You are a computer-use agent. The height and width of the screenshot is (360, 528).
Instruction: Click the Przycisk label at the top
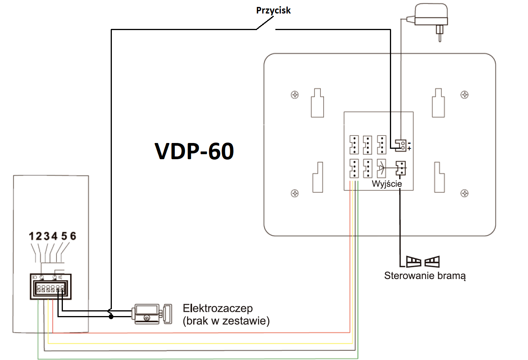pyautogui.click(x=273, y=10)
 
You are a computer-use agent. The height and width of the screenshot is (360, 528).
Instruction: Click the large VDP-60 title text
pyautogui.click(x=194, y=151)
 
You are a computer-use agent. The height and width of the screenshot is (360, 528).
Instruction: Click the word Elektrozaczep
pyautogui.click(x=218, y=308)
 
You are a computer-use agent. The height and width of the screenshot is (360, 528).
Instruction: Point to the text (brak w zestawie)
pyautogui.click(x=226, y=321)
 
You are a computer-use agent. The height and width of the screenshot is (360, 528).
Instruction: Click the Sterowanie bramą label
pyautogui.click(x=425, y=276)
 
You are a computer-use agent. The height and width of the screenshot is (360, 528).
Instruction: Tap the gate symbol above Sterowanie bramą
pyautogui.click(x=423, y=262)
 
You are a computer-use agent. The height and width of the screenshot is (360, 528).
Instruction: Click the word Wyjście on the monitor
pyautogui.click(x=386, y=184)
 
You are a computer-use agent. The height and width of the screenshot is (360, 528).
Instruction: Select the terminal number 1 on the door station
pyautogui.click(x=32, y=236)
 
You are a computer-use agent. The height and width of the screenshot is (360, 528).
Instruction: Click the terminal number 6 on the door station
pyautogui.click(x=73, y=236)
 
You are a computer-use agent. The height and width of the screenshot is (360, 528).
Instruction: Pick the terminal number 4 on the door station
pyautogui.click(x=54, y=236)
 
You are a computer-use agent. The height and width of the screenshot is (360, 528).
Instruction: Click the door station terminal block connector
pyautogui.click(x=51, y=287)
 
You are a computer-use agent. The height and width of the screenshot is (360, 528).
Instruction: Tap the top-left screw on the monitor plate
pyautogui.click(x=295, y=95)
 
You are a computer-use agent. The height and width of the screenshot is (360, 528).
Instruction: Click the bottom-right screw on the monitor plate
pyautogui.click(x=465, y=193)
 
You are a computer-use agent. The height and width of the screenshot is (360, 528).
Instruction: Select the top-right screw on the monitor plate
pyautogui.click(x=465, y=95)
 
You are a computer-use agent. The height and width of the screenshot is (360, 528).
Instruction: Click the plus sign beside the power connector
pyautogui.click(x=409, y=148)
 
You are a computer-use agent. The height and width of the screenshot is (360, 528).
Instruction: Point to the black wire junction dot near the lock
pyautogui.click(x=111, y=317)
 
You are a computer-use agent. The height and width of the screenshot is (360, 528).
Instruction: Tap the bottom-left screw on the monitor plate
pyautogui.click(x=295, y=193)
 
